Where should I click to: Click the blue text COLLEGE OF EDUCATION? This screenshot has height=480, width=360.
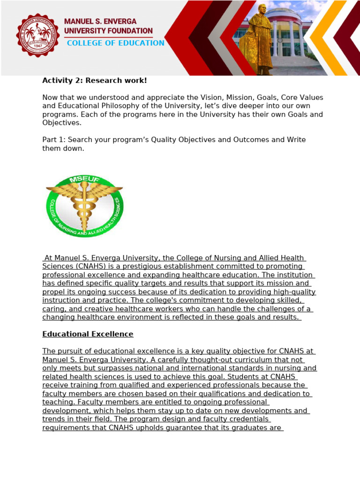(115, 43)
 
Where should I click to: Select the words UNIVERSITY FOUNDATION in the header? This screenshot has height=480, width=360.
(108, 31)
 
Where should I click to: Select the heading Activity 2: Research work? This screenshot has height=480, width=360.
(95, 81)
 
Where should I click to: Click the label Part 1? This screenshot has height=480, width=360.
(53, 140)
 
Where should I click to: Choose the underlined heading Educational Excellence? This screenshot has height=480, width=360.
(88, 334)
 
